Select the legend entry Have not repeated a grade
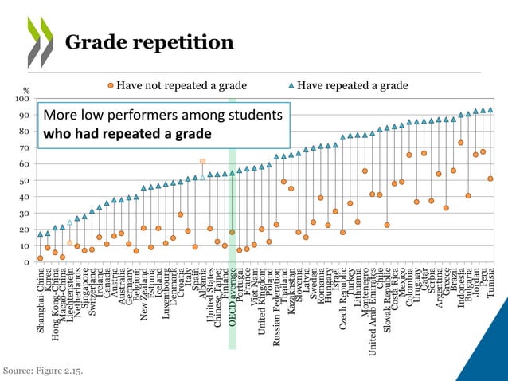(176, 85)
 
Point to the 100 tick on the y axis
(23, 99)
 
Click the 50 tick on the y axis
(25, 181)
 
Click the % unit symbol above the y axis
(25, 90)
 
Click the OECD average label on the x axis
(233, 303)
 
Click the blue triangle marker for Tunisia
(490, 110)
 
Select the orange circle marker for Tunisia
(490, 179)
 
